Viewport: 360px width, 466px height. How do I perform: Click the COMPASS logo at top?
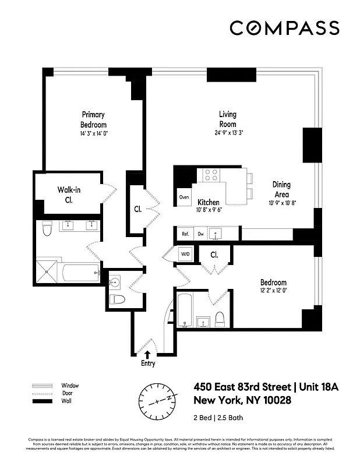point(284,28)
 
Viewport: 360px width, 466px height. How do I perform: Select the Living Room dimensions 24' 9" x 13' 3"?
point(228,133)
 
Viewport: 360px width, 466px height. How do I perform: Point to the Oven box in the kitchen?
point(184,197)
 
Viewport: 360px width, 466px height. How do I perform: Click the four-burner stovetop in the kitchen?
point(210,175)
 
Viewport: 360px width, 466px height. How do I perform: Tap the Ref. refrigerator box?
point(185,234)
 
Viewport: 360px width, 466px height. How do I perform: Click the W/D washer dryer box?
point(185,254)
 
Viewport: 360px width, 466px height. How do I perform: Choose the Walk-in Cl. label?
point(69,195)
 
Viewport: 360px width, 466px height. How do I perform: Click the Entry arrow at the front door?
point(147,353)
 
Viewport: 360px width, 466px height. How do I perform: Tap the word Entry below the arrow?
point(147,363)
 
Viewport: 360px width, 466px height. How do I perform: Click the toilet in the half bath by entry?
point(118,299)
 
